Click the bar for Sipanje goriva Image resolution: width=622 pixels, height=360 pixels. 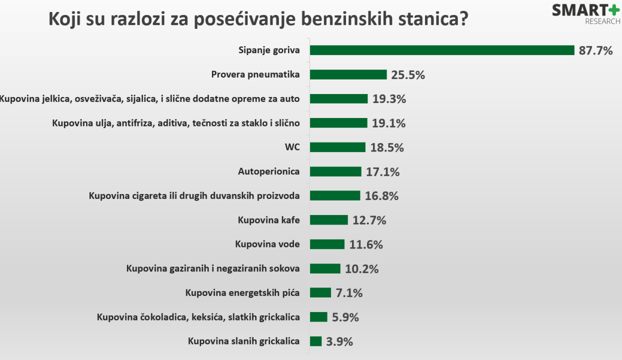442,50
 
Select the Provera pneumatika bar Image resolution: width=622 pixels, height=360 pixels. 348,74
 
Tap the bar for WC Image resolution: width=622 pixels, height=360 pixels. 337,147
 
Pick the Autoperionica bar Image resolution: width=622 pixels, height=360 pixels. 335,171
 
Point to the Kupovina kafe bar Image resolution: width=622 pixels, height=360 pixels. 328,220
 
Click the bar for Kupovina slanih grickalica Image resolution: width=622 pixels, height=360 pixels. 315,341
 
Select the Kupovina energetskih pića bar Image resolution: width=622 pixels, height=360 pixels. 320,292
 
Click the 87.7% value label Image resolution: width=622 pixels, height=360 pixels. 595,50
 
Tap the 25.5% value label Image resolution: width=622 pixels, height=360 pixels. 408,75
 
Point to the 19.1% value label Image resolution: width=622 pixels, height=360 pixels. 388,123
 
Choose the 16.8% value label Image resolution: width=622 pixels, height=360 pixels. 381,196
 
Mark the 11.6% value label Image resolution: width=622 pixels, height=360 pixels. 366,244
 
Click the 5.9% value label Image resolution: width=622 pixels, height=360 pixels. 345,317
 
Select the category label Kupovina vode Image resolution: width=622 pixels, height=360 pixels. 267,244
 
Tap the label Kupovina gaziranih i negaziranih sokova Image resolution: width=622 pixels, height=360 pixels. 213,268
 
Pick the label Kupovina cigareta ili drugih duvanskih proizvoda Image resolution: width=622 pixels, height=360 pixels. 194,195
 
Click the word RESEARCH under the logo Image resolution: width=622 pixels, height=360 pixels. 602,21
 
